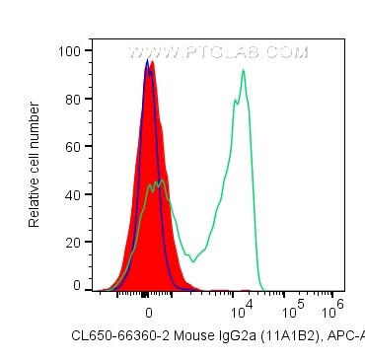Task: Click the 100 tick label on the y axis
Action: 71,48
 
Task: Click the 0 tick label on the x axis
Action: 149,308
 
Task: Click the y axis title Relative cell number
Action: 35,168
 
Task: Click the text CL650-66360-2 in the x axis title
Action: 116,337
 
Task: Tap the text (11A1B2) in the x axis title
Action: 273,337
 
